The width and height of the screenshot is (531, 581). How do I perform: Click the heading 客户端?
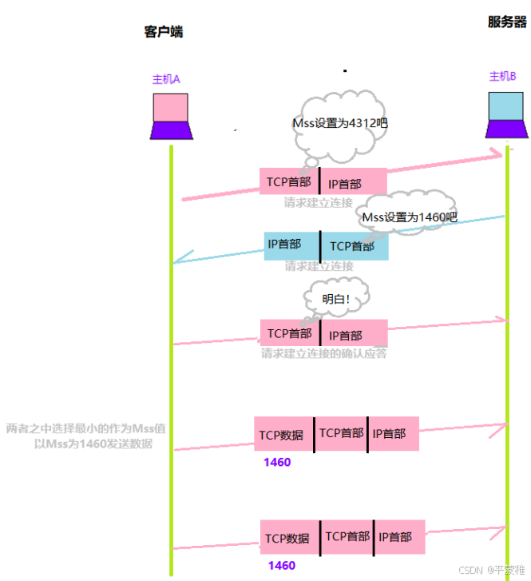coord(164,32)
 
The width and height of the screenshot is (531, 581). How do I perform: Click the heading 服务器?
coord(507,22)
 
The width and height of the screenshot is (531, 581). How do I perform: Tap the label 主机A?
coord(167,80)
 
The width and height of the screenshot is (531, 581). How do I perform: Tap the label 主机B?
coord(503,77)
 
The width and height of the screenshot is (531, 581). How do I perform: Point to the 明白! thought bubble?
coord(336,299)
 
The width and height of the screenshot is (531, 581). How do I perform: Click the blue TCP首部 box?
coord(354,246)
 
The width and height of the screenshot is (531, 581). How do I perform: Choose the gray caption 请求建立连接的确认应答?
coord(324,353)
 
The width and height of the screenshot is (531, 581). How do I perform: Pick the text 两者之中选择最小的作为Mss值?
coord(86,428)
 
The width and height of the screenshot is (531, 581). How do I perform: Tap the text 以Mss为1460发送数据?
coord(93,443)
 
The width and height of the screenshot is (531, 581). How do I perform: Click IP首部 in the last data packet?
coord(397,537)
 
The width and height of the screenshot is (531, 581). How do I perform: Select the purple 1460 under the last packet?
coord(281,565)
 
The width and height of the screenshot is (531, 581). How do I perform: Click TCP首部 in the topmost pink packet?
coord(288,182)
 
